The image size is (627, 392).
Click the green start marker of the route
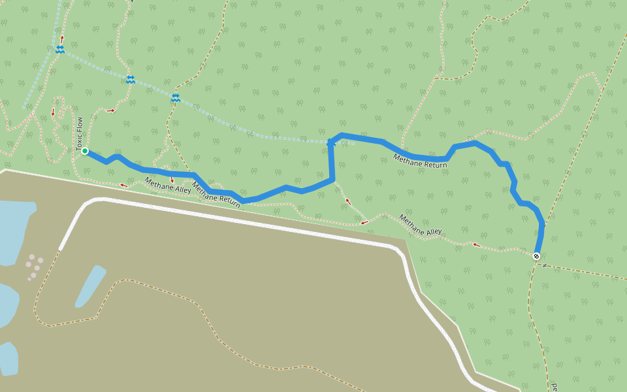(85, 151)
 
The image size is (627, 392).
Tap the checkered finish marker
(536, 256)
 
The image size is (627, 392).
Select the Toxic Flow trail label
(80, 135)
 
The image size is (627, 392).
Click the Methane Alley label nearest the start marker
(168, 187)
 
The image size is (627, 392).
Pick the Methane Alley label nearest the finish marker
(421, 225)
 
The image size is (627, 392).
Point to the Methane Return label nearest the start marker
(216, 197)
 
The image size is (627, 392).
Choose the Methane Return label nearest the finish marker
(420, 161)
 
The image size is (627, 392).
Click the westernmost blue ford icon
(60, 50)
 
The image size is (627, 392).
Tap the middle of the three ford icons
(131, 80)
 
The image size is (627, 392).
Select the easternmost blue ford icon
(176, 98)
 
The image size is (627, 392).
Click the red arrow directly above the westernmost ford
(62, 39)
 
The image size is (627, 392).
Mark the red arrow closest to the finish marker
(476, 245)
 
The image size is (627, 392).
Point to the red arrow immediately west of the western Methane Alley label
(123, 186)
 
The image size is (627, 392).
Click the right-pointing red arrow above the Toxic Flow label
(111, 110)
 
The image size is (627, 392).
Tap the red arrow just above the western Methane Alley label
(172, 178)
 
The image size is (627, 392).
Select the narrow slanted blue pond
(90, 286)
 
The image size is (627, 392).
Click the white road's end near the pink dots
(61, 249)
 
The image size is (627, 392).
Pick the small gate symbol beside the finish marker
(544, 265)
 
